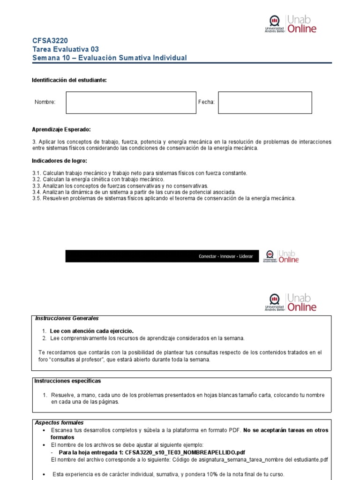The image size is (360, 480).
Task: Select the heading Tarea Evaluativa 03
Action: click(65, 49)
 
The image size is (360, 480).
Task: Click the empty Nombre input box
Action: click(131, 103)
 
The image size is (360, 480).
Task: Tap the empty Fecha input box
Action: click(265, 103)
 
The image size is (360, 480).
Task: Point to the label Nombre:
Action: click(45, 102)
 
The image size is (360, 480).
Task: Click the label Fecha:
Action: click(206, 102)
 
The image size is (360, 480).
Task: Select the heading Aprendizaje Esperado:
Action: click(61, 129)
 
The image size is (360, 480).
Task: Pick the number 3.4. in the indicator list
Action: click(37, 192)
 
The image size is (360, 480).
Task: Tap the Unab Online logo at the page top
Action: click(291, 24)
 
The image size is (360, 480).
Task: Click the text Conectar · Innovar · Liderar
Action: click(225, 256)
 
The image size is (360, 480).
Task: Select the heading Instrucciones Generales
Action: click(67, 318)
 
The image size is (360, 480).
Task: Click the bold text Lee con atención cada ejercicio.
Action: click(91, 331)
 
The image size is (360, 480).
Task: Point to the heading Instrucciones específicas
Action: click(67, 381)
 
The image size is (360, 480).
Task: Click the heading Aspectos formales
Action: click(59, 422)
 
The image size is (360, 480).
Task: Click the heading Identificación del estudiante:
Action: click(69, 80)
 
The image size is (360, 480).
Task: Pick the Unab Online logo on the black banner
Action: click(281, 256)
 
